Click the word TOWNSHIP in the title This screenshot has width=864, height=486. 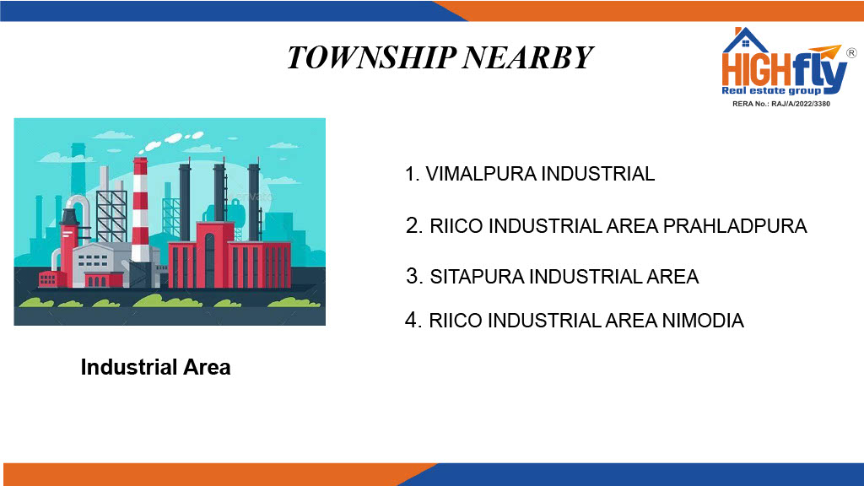coord(371,57)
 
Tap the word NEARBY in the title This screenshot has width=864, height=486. coord(527,57)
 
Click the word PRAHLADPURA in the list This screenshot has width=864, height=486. coord(735,226)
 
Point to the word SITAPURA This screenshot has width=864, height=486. coord(477,277)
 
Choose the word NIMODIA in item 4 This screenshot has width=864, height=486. coord(703,320)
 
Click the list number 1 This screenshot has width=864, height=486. coord(412,174)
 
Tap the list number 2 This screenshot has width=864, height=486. coord(413,226)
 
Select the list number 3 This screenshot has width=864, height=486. coord(413,277)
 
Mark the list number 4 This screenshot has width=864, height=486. coord(413,320)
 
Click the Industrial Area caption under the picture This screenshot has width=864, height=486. coord(155,367)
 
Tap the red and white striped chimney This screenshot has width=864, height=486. coord(140,209)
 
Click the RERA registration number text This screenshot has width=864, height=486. coord(780,104)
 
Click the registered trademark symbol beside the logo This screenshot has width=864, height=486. coord(851,53)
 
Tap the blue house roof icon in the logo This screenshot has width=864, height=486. coord(745,40)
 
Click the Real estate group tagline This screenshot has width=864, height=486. coord(771,90)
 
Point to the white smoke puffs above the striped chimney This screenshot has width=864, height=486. coord(170,141)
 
